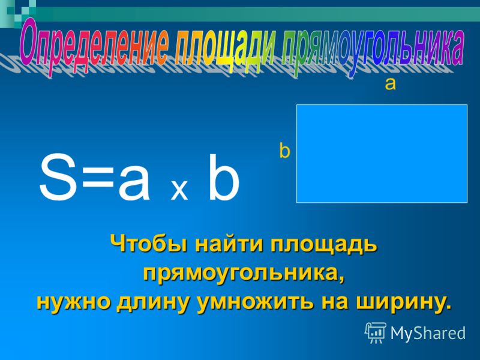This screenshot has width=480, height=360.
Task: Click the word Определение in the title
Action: pyautogui.click(x=94, y=47)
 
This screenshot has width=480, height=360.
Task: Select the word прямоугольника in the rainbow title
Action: pyautogui.click(x=373, y=49)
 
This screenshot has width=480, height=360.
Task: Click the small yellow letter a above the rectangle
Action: pyautogui.click(x=391, y=84)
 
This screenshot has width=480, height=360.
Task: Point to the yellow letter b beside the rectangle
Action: pyautogui.click(x=284, y=151)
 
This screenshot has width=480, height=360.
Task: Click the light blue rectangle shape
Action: pyautogui.click(x=382, y=154)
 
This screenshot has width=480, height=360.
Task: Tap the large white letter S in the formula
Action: pyautogui.click(x=58, y=178)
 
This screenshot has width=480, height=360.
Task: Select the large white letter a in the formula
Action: pyautogui.click(x=134, y=184)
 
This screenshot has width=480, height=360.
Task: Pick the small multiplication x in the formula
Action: pyautogui.click(x=179, y=190)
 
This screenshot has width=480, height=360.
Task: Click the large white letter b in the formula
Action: pyautogui.click(x=223, y=178)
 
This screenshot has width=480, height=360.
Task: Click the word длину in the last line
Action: pyautogui.click(x=152, y=302)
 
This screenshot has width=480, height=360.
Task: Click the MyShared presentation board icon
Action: pyautogui.click(x=376, y=333)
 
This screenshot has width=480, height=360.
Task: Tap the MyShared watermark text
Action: pyautogui.click(x=428, y=333)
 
